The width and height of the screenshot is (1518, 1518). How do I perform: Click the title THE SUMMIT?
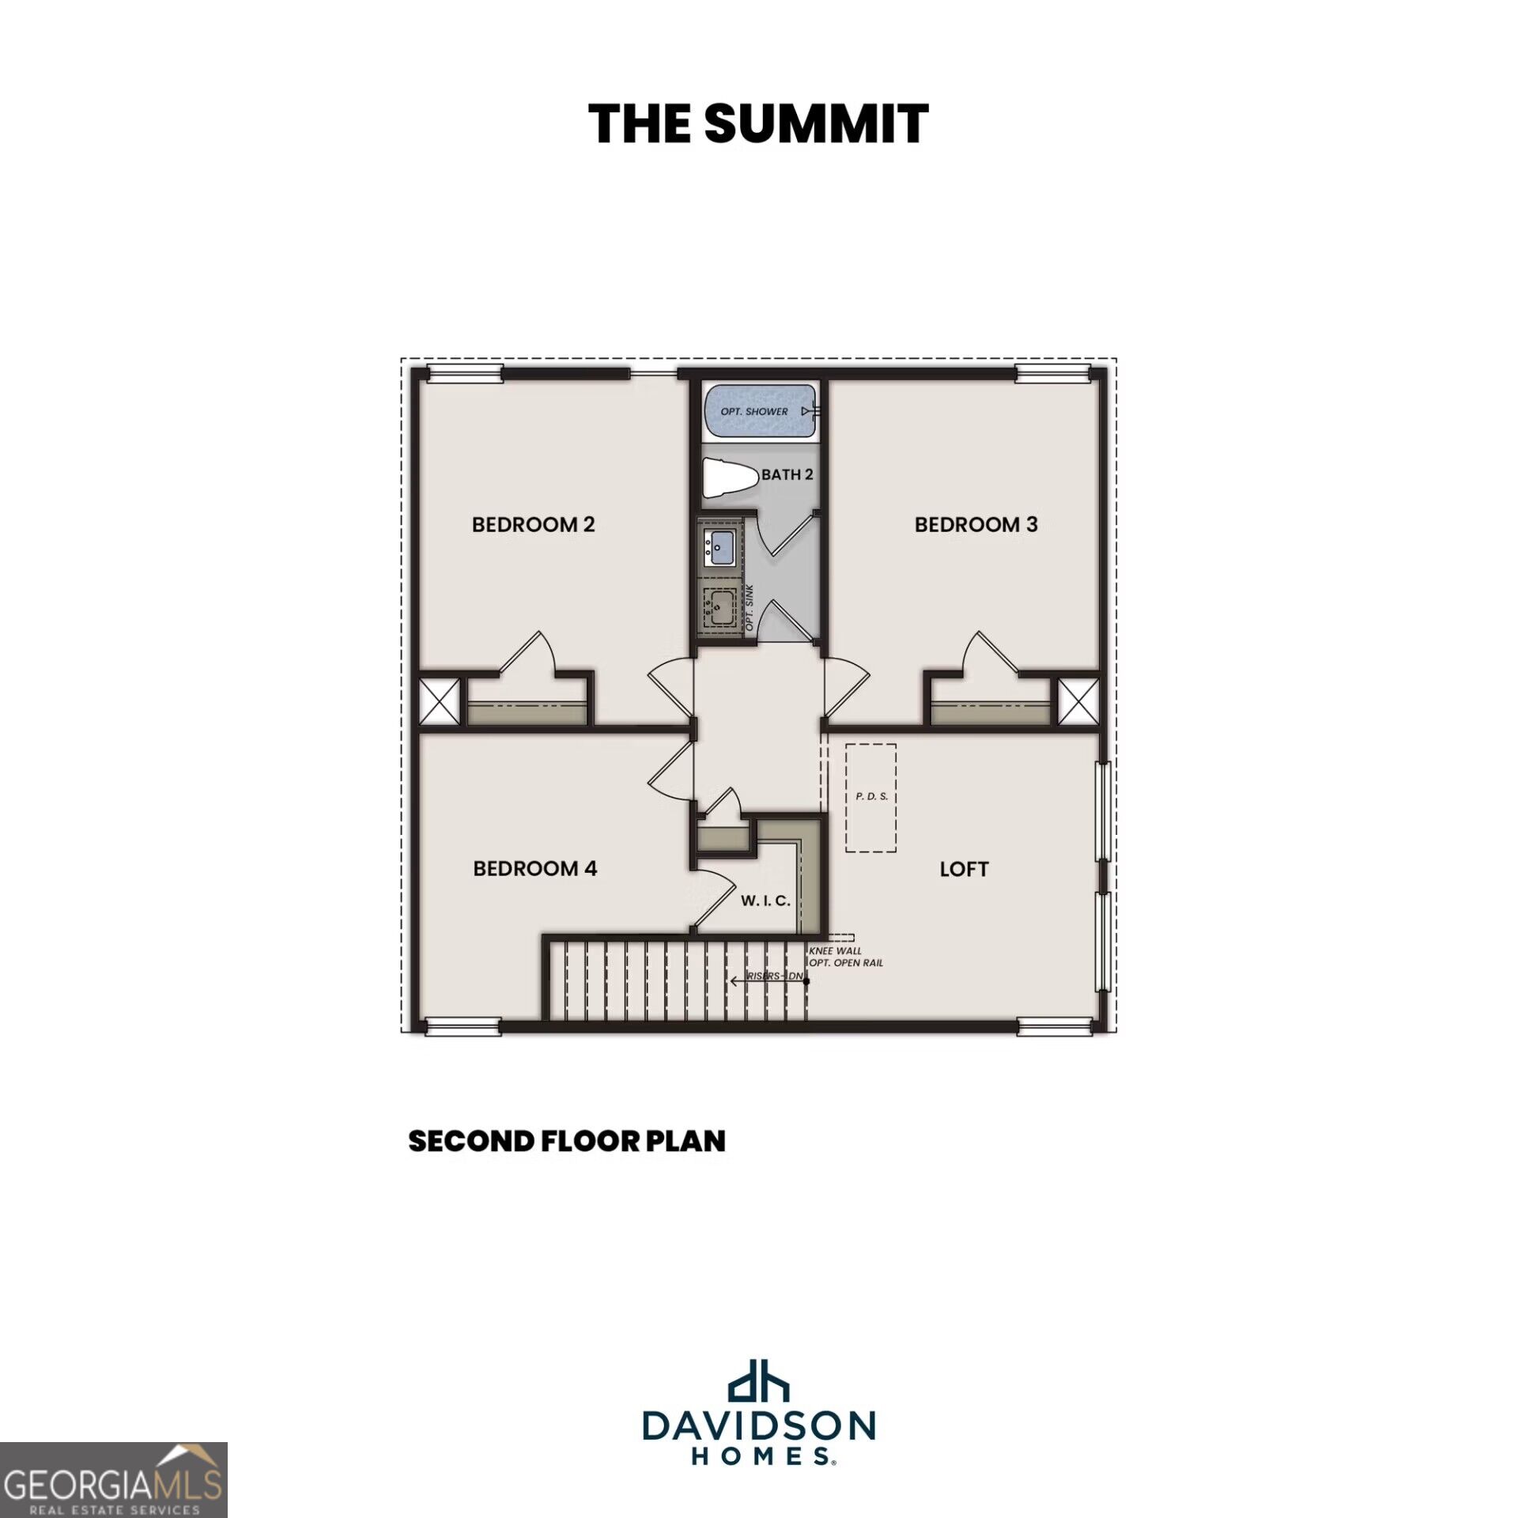pos(758,124)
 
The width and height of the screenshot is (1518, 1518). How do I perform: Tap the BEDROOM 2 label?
pos(533,524)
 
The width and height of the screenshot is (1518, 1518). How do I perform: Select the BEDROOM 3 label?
pos(976,524)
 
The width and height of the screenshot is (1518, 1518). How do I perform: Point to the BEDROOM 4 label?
pos(535,868)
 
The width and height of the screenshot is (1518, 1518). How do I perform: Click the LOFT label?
pos(964,869)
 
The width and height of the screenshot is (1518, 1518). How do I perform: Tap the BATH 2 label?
pos(787,474)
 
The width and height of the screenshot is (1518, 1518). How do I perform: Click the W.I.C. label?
pos(765,901)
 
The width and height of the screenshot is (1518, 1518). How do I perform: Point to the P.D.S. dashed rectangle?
pos(871,798)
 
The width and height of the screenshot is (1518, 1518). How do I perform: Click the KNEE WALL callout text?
pos(835,951)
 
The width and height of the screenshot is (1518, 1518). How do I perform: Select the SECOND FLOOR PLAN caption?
pos(567,1141)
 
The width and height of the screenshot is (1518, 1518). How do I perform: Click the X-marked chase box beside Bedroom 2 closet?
pos(439,701)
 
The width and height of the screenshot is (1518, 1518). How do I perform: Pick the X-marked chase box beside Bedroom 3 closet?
pos(1078,701)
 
